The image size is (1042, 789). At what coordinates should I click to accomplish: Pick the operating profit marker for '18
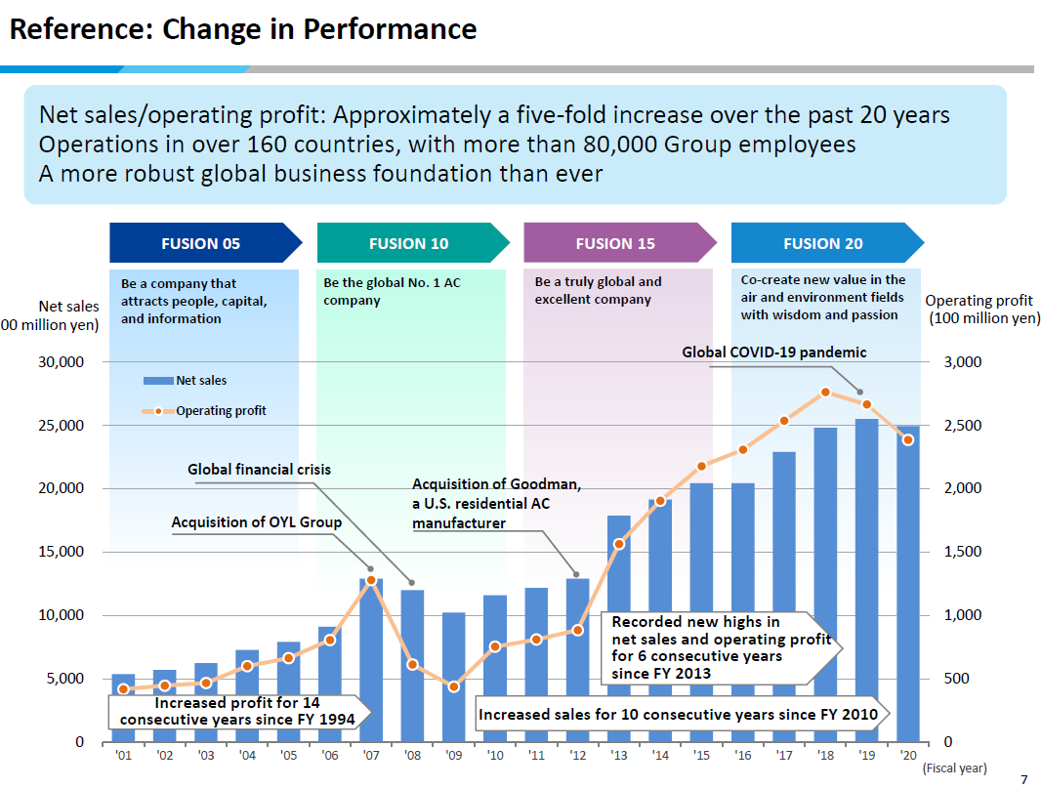tap(825, 393)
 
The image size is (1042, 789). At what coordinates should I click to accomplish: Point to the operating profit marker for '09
tap(453, 687)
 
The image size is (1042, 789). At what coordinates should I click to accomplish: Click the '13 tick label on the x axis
tap(618, 755)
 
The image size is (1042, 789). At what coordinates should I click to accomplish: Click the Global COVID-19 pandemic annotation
tap(773, 353)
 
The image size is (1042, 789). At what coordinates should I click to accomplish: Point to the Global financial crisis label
tap(259, 470)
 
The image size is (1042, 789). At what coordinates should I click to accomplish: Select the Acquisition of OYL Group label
tap(256, 522)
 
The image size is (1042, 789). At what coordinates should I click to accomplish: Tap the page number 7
tap(1023, 778)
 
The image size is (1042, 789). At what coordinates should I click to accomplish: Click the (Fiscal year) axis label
tap(954, 768)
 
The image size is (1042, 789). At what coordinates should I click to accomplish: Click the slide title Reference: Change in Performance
tap(243, 29)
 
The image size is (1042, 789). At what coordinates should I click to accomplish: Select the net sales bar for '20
tap(908, 586)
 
